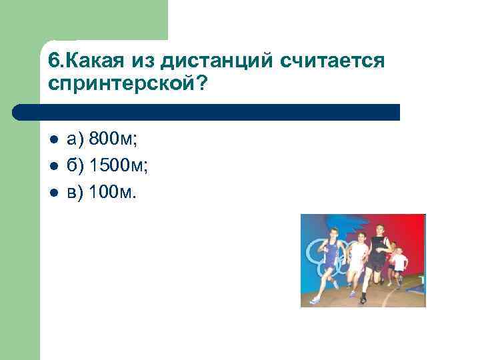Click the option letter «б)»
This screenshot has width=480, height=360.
tap(75, 166)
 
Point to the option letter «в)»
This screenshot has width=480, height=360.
tap(75, 193)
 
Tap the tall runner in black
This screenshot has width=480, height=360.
tap(378, 257)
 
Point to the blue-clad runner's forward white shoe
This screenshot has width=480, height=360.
tap(315, 300)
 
